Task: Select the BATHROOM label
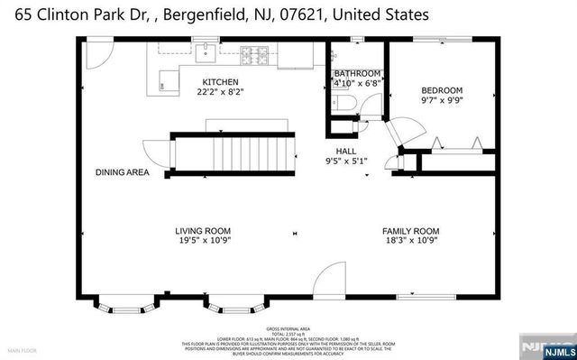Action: (x=357, y=73)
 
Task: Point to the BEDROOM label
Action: (x=442, y=90)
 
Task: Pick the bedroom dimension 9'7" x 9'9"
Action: (x=442, y=101)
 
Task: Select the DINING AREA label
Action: (x=123, y=171)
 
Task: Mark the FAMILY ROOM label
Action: (x=410, y=230)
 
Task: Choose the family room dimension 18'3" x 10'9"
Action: (x=410, y=241)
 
